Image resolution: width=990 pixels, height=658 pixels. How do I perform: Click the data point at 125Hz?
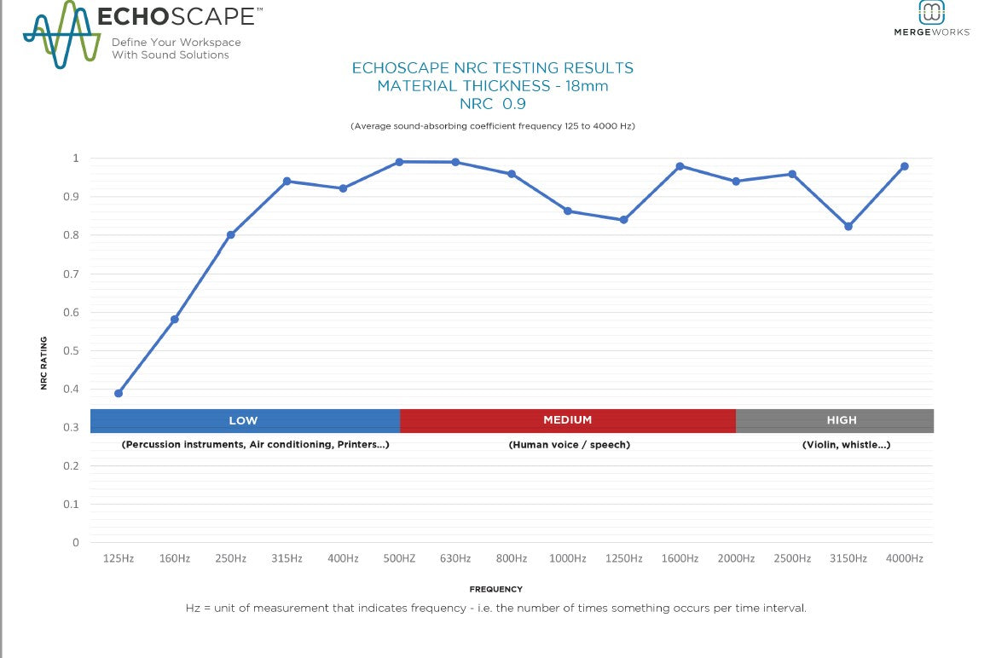tap(119, 393)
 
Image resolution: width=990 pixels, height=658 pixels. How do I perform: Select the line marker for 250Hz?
tap(230, 234)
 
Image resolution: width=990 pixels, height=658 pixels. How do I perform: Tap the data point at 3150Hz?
tap(848, 226)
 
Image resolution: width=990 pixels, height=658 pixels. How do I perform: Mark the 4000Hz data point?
tap(904, 166)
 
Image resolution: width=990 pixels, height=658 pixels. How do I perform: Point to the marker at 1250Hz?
tap(623, 220)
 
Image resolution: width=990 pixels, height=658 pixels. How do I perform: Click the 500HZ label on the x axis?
tap(399, 558)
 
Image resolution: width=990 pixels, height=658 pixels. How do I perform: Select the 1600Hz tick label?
tap(680, 558)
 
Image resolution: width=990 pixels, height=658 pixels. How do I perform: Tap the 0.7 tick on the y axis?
tap(75, 274)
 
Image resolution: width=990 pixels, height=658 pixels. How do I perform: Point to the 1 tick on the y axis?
tap(75, 159)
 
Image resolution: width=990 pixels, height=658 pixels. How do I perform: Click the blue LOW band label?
tap(243, 420)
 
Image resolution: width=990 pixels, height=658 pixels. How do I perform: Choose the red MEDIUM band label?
tap(567, 420)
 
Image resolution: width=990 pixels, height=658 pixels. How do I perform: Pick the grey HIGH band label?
tap(841, 420)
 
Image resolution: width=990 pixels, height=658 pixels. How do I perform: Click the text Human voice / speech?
tap(569, 445)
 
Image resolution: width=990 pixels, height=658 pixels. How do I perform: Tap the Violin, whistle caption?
tap(846, 445)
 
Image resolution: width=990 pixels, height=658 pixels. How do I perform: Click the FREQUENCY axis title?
tap(495, 589)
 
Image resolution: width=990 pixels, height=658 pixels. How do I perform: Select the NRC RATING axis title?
tap(43, 363)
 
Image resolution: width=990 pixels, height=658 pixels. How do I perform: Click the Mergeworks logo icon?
tap(931, 12)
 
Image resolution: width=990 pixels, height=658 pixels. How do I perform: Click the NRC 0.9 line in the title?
tap(492, 104)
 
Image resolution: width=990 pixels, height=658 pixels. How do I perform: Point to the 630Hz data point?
tap(455, 162)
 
